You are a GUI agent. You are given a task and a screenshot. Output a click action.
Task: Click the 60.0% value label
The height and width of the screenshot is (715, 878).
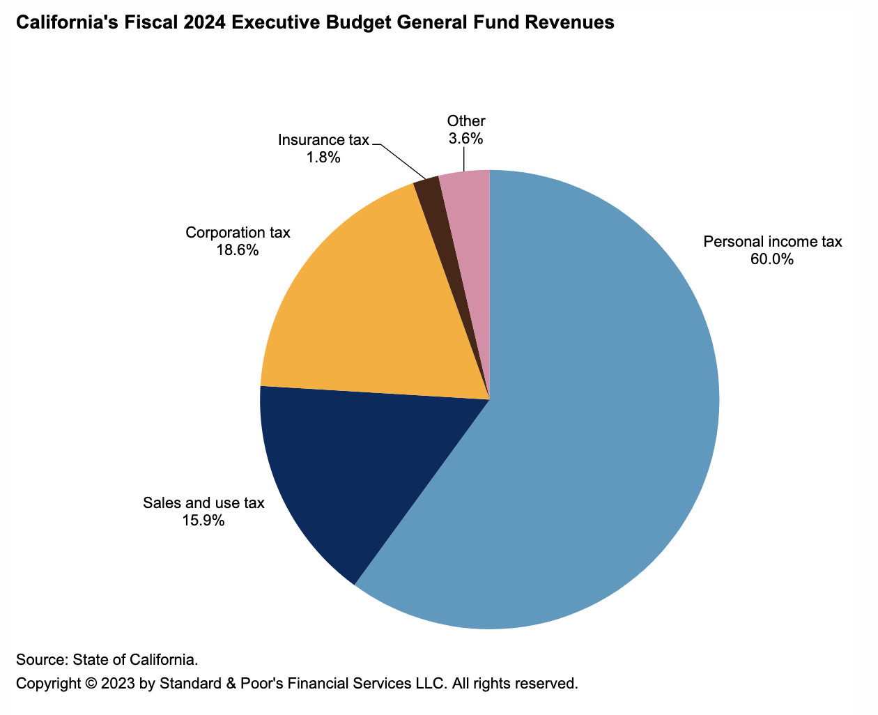pos(771,260)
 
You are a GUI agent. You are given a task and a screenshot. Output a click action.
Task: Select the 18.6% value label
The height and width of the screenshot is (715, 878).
pos(237,249)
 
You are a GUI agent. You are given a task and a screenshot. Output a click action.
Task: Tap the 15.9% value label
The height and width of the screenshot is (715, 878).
pos(203,520)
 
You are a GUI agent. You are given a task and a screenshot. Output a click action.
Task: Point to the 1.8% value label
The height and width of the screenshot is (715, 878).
pos(323,157)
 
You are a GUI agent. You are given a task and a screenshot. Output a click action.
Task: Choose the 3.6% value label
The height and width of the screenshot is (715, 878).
pos(465,138)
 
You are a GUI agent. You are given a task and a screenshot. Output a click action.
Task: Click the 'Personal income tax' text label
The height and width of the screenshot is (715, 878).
pos(773,242)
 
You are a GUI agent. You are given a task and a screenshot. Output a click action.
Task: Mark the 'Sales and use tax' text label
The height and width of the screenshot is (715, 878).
pos(203,502)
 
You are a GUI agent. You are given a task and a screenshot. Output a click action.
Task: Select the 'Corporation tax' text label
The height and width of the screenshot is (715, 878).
pos(238,232)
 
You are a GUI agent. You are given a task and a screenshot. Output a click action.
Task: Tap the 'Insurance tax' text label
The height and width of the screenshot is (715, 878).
pos(323,140)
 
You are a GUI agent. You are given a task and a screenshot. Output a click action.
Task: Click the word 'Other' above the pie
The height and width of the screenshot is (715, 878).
pos(466,121)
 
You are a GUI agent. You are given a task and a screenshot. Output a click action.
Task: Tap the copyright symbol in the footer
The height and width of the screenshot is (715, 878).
pos(91,683)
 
